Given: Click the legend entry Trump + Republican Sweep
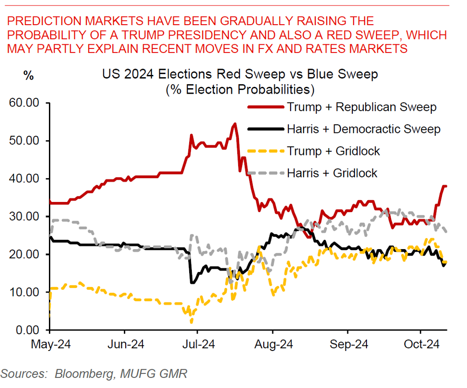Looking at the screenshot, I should click(361, 107).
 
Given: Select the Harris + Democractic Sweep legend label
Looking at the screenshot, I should click(364, 129).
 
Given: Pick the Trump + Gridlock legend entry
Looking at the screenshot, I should click(334, 151).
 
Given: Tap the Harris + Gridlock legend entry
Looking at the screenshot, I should click(332, 173).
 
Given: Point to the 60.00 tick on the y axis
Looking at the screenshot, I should click(26, 103).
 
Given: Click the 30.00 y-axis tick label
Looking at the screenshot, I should click(26, 216).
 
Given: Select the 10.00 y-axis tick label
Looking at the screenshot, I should click(26, 292).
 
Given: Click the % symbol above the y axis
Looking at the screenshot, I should click(28, 76).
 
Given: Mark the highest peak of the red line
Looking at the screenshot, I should click(235, 123).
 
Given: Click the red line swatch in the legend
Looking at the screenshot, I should click(265, 108).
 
